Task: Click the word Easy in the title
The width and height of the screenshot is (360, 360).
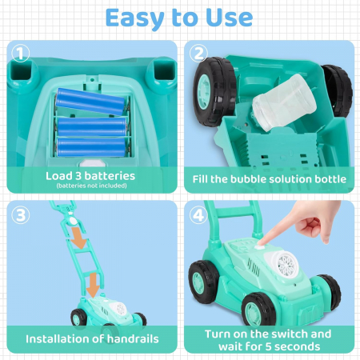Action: pyautogui.click(x=134, y=18)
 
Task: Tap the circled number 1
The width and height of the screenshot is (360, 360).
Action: pyautogui.click(x=21, y=54)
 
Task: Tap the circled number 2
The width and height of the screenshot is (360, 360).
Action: pyautogui.click(x=198, y=54)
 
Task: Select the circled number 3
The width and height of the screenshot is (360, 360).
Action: pyautogui.click(x=21, y=215)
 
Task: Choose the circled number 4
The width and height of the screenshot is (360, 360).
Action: pyautogui.click(x=198, y=215)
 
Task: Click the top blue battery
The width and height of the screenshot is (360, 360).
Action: pyautogui.click(x=90, y=102)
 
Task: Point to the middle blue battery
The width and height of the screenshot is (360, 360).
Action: pyautogui.click(x=91, y=127)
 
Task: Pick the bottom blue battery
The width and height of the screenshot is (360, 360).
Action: pyautogui.click(x=91, y=147)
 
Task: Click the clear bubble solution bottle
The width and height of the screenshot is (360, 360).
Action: pyautogui.click(x=284, y=102)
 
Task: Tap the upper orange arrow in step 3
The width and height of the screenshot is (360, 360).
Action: pyautogui.click(x=78, y=238)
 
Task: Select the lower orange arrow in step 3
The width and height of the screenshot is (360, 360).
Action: pyautogui.click(x=93, y=285)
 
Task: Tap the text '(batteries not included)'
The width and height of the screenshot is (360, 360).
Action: pyautogui.click(x=91, y=186)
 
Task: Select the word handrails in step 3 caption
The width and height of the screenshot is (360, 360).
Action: pyautogui.click(x=133, y=338)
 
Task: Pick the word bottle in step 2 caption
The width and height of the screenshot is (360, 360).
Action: pyautogui.click(x=330, y=179)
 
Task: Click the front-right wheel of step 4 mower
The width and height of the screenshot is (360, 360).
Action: pyautogui.click(x=258, y=310)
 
